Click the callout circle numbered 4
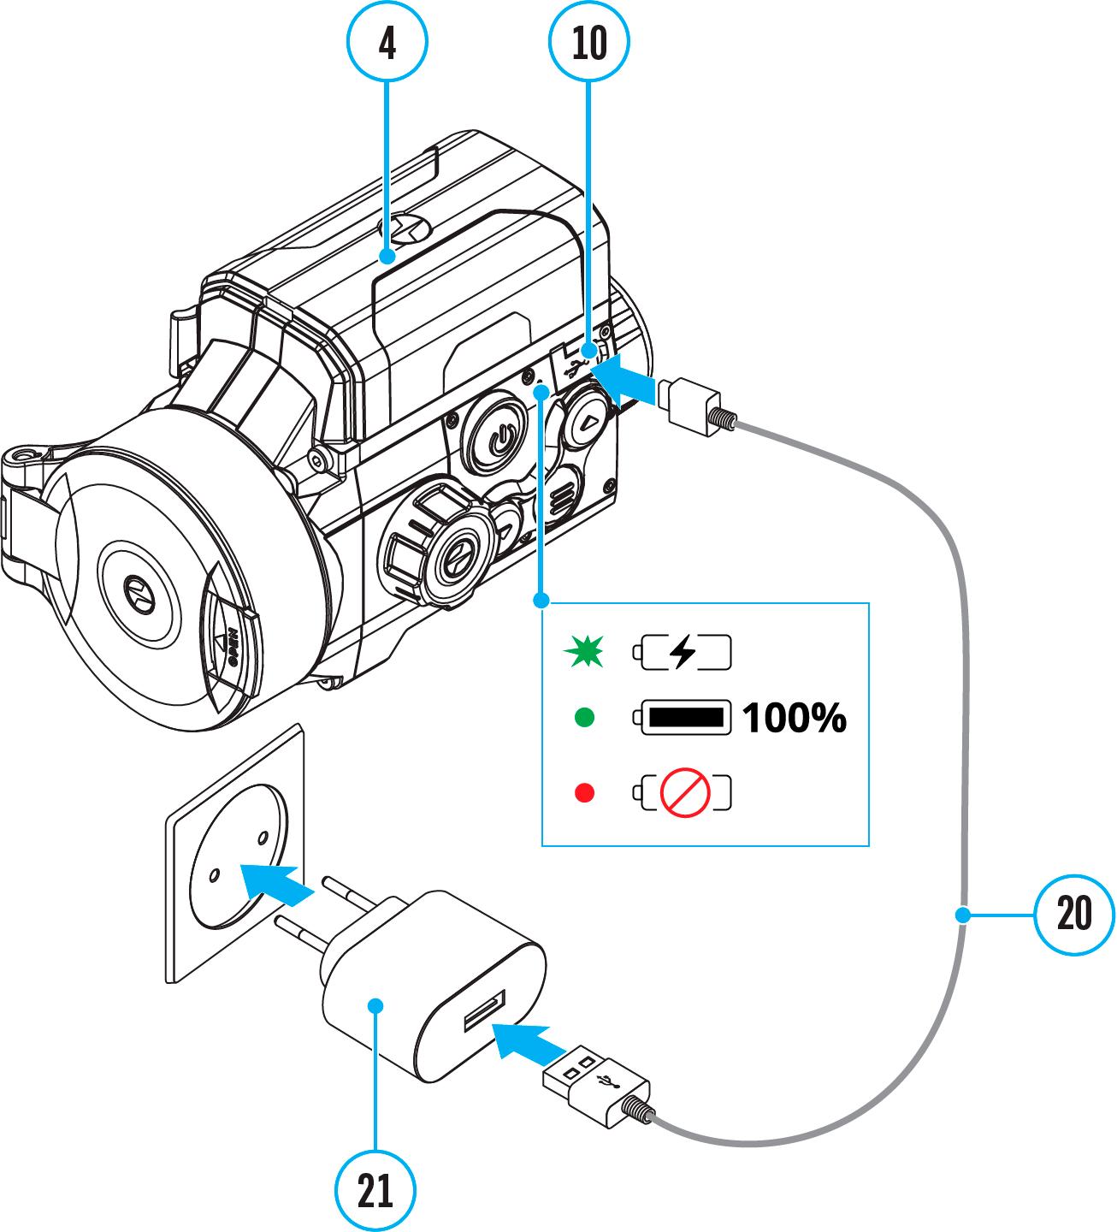[x=387, y=41]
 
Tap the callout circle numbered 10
[x=588, y=41]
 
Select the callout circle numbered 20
[x=1074, y=915]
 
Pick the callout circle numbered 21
[x=375, y=1190]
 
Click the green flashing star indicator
[x=584, y=652]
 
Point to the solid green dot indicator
[x=585, y=717]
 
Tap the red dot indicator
[x=585, y=793]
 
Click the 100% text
[x=795, y=718]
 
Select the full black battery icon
[x=683, y=717]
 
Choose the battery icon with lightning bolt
[x=683, y=652]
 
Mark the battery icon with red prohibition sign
[x=683, y=793]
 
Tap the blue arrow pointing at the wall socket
[x=275, y=883]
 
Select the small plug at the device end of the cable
[x=693, y=405]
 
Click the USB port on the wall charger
[x=485, y=1010]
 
